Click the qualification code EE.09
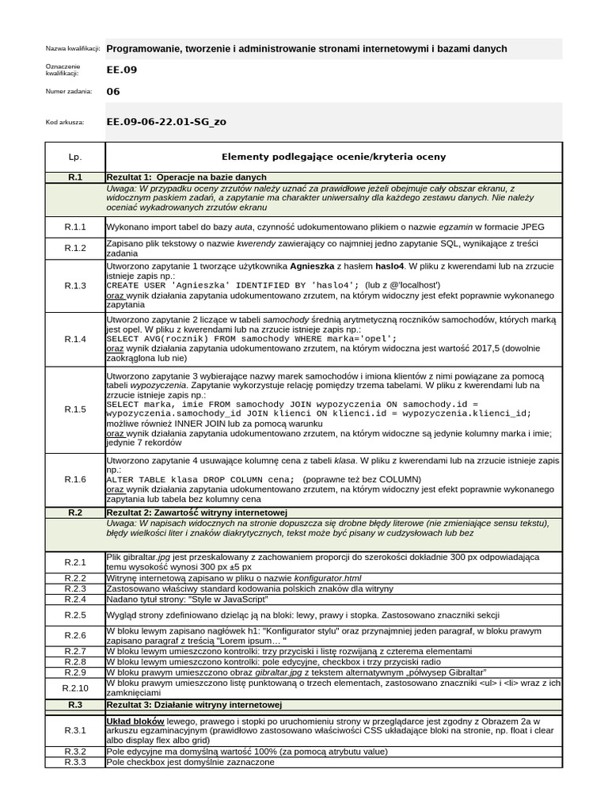(121, 70)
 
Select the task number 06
(113, 91)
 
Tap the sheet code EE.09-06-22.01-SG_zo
(165, 122)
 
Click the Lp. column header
(75, 157)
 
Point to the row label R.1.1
(75, 227)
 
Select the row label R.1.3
(75, 285)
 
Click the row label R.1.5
(75, 409)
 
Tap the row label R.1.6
(75, 479)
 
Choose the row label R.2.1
(75, 562)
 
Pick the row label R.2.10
(75, 687)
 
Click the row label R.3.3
(75, 762)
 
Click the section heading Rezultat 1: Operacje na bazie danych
(187, 177)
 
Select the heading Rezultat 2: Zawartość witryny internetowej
(196, 512)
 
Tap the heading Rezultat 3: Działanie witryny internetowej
(195, 704)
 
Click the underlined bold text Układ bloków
(135, 721)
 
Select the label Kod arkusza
(63, 122)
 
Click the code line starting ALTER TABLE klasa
(200, 479)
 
